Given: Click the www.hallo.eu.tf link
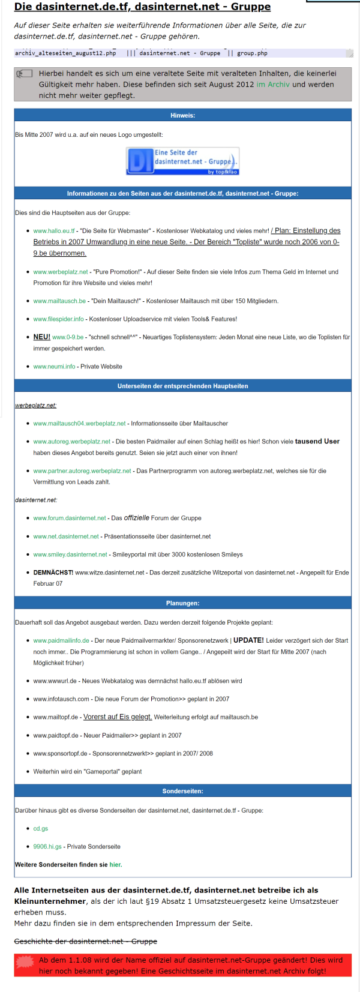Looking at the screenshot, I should [x=54, y=230].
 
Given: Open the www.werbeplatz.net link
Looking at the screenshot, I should [x=61, y=272].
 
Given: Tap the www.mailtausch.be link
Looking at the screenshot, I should [x=59, y=301].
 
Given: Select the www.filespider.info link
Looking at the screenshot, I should [x=58, y=319].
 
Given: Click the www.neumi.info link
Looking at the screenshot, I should [x=54, y=366].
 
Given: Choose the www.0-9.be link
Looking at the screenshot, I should [x=68, y=337].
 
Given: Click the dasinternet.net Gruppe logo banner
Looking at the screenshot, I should [x=182, y=161].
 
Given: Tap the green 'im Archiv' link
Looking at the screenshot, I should [x=273, y=85].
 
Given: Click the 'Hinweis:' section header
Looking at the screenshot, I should [x=182, y=115].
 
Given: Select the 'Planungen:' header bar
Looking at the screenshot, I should [x=182, y=603].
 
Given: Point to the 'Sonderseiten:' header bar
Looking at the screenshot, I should [x=182, y=791].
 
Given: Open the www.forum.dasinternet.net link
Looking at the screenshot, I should [x=70, y=518].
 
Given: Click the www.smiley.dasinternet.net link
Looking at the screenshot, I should [x=70, y=555].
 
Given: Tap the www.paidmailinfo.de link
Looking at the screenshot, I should [x=61, y=640].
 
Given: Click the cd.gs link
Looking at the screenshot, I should [x=41, y=828].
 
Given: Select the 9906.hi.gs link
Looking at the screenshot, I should [x=47, y=846].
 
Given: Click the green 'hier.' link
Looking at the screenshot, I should [x=116, y=865].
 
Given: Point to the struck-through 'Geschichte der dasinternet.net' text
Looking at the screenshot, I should [x=86, y=941].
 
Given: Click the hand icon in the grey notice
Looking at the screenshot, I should [x=24, y=74].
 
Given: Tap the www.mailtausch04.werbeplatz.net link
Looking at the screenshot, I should [x=79, y=423].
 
